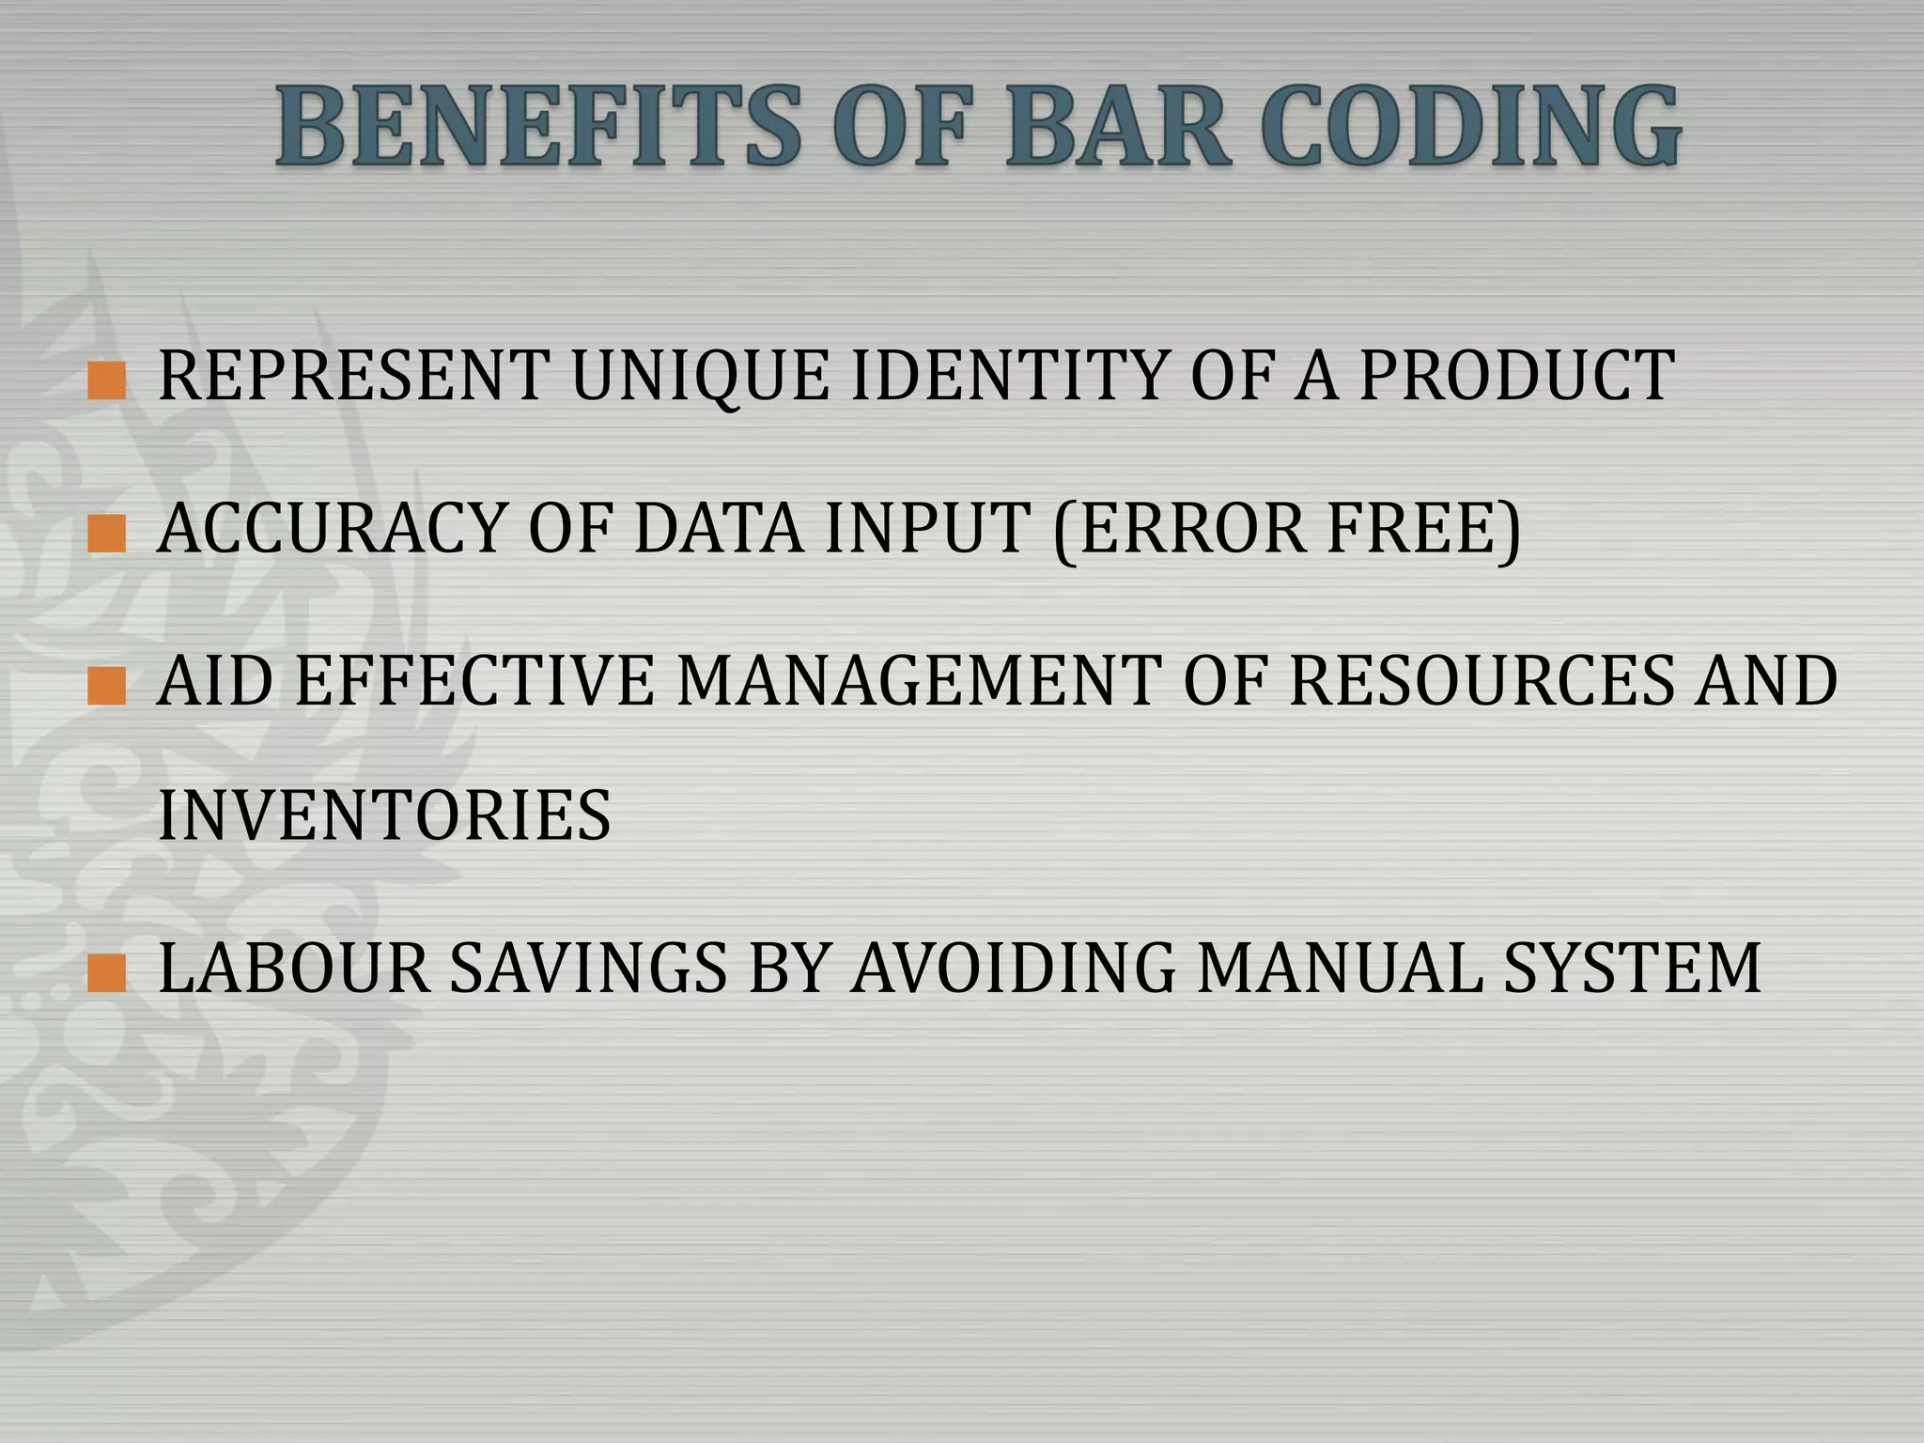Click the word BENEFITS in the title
click(x=539, y=127)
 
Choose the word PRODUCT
click(x=1516, y=376)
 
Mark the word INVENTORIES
click(x=385, y=815)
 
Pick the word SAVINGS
click(x=588, y=969)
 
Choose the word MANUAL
click(x=1340, y=969)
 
